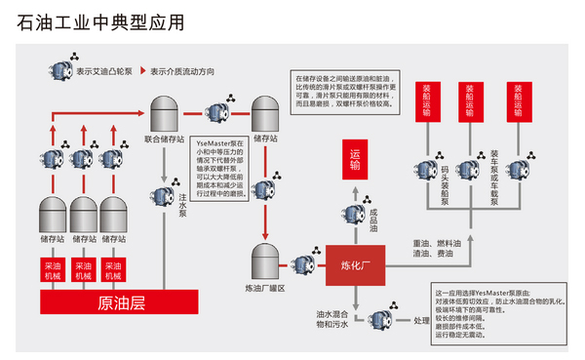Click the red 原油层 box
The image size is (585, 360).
(122, 302)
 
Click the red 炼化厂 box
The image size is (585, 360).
(355, 260)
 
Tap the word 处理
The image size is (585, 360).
(421, 321)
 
